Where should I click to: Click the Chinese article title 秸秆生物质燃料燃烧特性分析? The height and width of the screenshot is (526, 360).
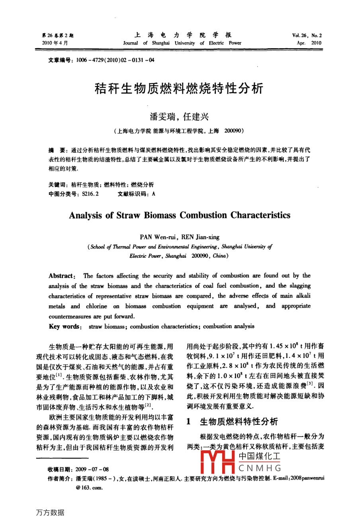(179, 88)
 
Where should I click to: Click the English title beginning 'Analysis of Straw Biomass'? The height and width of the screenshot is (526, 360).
(180, 215)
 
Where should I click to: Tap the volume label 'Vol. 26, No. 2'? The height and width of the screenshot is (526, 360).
(307, 35)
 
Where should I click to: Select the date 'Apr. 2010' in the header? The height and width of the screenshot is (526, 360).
(309, 43)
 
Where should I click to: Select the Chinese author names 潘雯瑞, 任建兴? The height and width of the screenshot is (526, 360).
(179, 117)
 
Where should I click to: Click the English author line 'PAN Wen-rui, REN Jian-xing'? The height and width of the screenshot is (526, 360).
(180, 237)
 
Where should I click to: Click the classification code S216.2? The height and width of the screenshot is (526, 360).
(90, 194)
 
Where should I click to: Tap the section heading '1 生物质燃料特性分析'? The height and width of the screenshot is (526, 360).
(233, 422)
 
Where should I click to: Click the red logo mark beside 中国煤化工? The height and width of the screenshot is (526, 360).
(219, 462)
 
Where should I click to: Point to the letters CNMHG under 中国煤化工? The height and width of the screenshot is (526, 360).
(260, 468)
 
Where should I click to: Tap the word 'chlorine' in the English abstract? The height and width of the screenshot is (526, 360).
(96, 306)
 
